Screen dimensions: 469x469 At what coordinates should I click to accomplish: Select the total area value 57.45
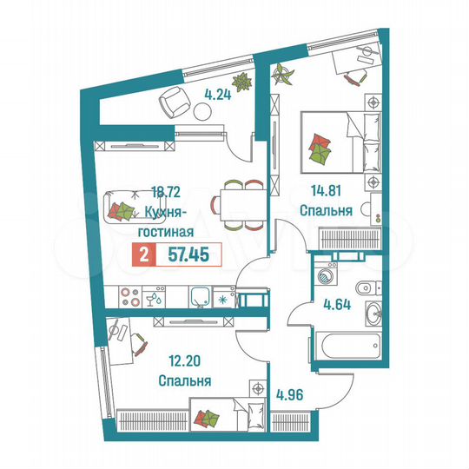185,254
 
